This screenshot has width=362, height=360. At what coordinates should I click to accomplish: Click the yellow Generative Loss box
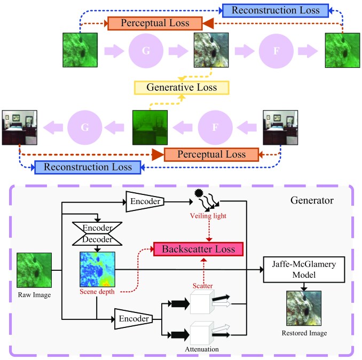point(182,88)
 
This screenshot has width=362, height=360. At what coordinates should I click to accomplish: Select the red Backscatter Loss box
point(199,249)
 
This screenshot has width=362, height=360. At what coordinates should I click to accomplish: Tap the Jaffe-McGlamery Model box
point(304,270)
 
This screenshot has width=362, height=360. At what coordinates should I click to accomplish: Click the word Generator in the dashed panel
point(312,200)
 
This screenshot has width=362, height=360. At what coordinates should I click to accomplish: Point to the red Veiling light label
point(208,216)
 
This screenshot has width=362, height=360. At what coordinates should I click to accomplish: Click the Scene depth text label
point(97,292)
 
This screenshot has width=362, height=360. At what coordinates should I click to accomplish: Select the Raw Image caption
point(34,295)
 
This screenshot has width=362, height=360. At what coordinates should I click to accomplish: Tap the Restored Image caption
point(304,333)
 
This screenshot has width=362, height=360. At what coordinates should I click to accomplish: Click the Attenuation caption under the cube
point(202,349)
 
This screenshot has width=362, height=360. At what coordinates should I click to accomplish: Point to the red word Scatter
point(203,286)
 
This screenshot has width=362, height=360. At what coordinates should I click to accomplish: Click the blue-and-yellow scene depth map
point(97,269)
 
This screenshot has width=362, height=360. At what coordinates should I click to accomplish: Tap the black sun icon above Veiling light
point(199,193)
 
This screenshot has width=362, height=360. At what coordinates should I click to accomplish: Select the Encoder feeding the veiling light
point(145,201)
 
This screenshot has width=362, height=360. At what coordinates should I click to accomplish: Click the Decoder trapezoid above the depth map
point(97,240)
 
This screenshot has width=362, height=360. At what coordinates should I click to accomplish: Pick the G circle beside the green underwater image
point(146,51)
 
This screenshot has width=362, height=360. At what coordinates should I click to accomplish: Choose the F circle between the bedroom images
point(215,127)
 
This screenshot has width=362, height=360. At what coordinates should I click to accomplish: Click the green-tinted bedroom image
point(150,128)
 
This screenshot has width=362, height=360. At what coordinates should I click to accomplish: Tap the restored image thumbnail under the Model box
point(304,308)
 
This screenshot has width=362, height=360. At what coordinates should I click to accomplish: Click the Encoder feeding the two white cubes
point(133,319)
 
